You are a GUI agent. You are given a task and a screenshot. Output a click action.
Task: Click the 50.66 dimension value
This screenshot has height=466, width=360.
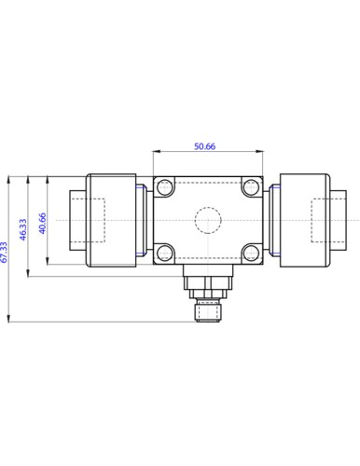coord(204,146)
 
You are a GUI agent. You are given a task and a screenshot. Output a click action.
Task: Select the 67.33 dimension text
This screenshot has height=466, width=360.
coord(4,253)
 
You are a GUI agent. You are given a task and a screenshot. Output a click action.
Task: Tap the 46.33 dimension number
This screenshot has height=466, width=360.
coord(23,229)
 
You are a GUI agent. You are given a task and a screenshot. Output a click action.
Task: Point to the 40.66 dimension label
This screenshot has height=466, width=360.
coord(42,223)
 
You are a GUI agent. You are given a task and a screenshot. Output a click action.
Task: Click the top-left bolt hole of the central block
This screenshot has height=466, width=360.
coord(164,187)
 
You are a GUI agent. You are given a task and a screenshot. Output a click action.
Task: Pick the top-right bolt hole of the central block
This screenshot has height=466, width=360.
coord(251,187)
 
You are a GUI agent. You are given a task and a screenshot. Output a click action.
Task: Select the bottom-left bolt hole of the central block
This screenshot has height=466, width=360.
coord(164,253)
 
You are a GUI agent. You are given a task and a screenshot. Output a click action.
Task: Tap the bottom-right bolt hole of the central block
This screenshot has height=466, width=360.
coord(251,253)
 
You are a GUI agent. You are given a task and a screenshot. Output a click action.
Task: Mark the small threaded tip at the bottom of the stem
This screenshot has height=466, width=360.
coord(208,312)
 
